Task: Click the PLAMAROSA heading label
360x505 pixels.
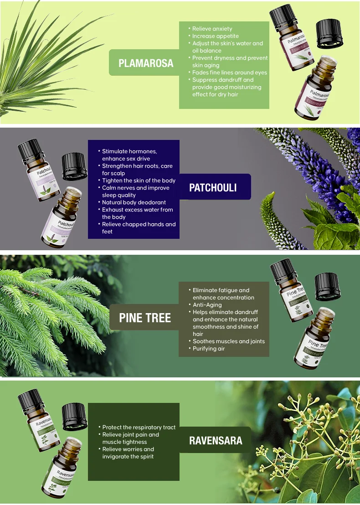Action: click(146, 63)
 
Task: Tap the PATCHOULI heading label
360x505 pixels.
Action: click(213, 188)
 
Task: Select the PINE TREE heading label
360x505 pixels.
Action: click(145, 318)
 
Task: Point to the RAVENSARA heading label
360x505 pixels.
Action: click(216, 440)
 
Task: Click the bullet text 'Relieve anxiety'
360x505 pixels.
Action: click(212, 29)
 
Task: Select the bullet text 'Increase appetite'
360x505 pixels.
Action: click(215, 36)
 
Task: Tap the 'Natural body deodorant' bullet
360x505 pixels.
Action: click(134, 202)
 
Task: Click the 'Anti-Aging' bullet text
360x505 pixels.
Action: click(207, 305)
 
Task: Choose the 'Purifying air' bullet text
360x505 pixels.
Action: click(209, 349)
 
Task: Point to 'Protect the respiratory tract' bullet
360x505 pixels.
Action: click(139, 428)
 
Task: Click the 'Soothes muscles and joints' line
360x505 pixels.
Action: click(228, 341)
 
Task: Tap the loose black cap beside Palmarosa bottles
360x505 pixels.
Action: click(329, 34)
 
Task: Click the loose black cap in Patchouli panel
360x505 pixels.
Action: click(74, 166)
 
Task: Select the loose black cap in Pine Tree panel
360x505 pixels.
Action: click(327, 286)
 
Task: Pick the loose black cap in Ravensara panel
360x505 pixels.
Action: click(74, 417)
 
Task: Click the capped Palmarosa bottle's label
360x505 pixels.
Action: click(296, 45)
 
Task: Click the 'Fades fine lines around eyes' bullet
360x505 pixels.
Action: click(230, 72)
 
